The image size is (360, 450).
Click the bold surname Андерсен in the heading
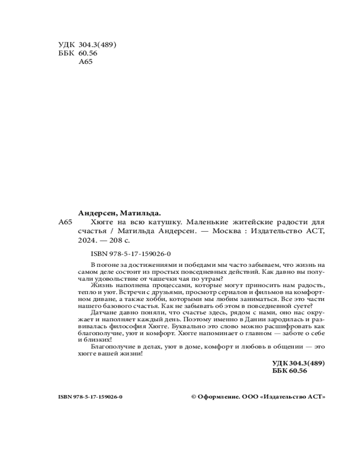click(95, 213)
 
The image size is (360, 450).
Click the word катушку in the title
click(165, 222)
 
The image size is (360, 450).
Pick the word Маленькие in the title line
click(204, 222)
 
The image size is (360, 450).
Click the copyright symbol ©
click(194, 396)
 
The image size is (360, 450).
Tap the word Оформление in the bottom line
click(219, 396)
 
